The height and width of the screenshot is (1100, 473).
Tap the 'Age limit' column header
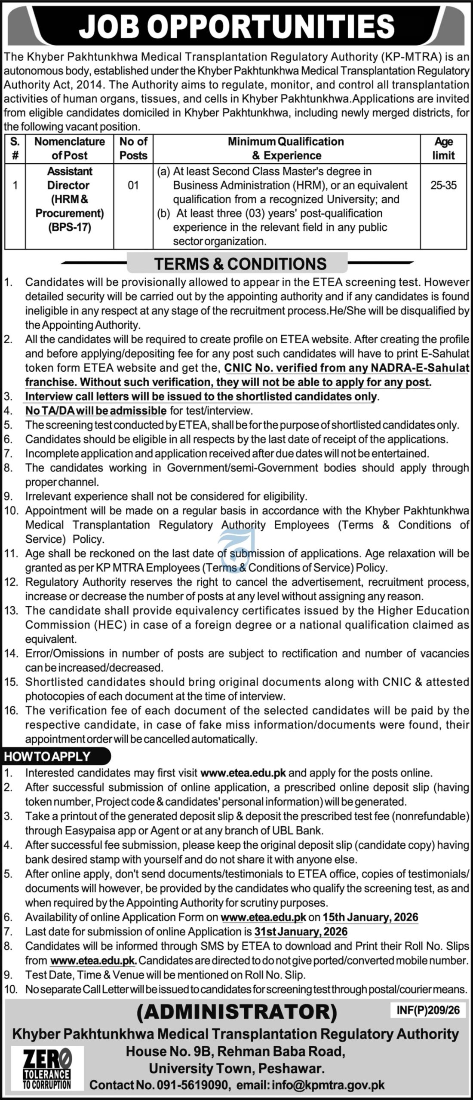(x=443, y=148)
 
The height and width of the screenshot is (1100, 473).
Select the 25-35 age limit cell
(x=443, y=185)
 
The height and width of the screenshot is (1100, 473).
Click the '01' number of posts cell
(x=133, y=185)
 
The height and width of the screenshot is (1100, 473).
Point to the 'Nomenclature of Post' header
(x=70, y=148)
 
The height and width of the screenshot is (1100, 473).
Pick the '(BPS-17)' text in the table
(x=70, y=227)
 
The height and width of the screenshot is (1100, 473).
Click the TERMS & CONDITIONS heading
(x=240, y=263)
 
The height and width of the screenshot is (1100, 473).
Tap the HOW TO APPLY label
(x=47, y=756)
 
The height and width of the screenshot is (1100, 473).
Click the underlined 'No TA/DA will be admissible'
(x=95, y=411)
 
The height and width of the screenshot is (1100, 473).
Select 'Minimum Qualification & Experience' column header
(x=286, y=148)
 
